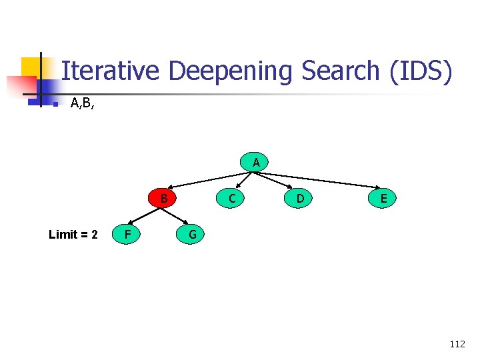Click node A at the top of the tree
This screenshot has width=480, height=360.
(255, 162)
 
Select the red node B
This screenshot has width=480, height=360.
(163, 198)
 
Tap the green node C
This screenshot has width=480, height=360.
(231, 198)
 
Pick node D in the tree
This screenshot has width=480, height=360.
(300, 198)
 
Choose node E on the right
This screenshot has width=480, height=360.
(383, 198)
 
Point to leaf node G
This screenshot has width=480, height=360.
(192, 234)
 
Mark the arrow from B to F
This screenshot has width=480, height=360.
(144, 216)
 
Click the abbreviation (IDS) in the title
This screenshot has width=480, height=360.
(423, 71)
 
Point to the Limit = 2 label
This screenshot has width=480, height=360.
(73, 235)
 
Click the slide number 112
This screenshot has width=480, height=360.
(457, 344)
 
